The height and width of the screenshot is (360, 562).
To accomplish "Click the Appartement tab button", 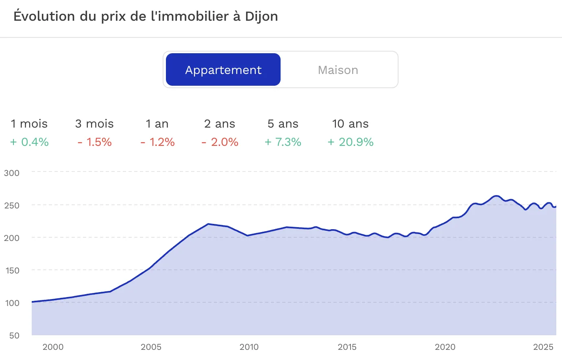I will [223, 70].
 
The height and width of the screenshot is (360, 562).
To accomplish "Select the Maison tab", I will [338, 70].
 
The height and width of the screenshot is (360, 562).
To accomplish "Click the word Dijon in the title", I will [261, 17].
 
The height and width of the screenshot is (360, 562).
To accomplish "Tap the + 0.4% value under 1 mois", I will [29, 142].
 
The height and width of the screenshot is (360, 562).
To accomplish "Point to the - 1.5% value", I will [94, 142].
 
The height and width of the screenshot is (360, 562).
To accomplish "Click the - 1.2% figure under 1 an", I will [157, 142].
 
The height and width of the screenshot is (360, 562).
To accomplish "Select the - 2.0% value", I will [220, 142].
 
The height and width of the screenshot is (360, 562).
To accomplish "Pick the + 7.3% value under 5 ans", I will [283, 142].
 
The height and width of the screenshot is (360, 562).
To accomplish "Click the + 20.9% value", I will [351, 142].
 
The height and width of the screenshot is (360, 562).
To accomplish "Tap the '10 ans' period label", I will [350, 124].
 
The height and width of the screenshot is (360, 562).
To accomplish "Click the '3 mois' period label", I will [94, 124].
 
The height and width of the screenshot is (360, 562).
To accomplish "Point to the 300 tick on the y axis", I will [12, 173].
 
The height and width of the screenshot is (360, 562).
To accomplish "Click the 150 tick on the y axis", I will [12, 271].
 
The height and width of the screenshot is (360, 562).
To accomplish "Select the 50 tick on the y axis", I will [14, 336].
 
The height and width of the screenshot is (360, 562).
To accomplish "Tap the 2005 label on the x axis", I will [151, 347].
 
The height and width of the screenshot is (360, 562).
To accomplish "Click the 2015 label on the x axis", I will [347, 347].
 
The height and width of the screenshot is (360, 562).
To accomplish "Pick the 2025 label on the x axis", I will [543, 347].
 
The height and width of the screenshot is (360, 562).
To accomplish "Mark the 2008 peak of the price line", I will [208, 224].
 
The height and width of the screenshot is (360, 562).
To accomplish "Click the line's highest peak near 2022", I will [496, 196].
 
